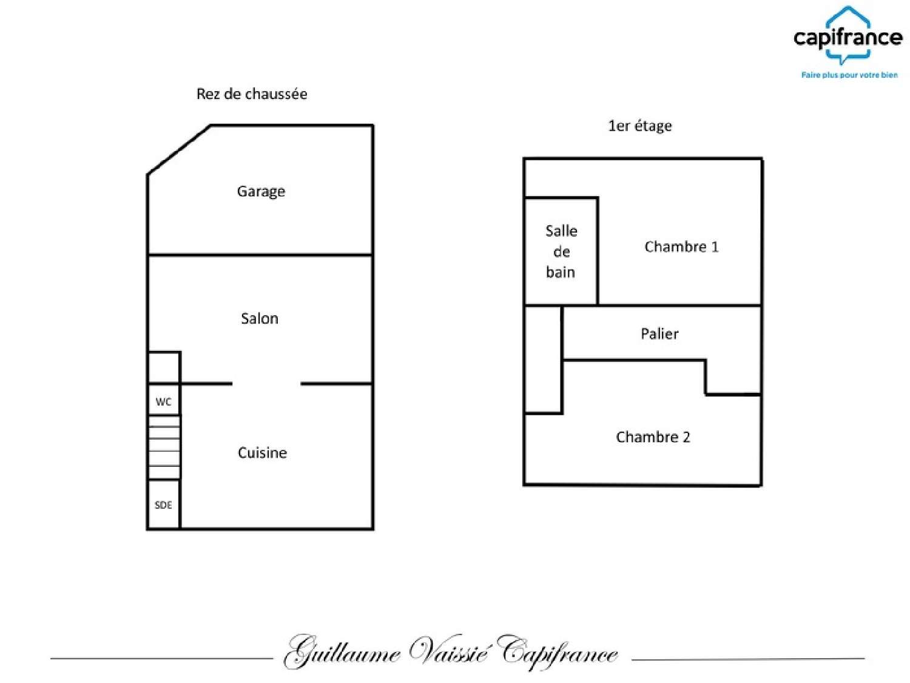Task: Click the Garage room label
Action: [261, 191]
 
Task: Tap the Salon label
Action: [260, 318]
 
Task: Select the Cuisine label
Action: [262, 452]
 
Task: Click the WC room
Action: [164, 401]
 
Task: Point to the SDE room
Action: [164, 505]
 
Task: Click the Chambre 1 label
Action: [681, 246]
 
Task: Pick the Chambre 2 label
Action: [653, 437]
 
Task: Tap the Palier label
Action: [659, 333]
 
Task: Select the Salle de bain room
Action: [561, 251]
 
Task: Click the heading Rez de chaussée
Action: [252, 94]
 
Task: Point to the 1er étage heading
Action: [640, 126]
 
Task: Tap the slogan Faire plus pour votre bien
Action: [849, 75]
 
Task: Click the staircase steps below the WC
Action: [164, 447]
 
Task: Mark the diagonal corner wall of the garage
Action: [179, 150]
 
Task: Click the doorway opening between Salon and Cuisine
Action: [266, 384]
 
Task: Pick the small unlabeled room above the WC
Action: [164, 367]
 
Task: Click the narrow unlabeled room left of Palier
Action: [543, 359]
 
